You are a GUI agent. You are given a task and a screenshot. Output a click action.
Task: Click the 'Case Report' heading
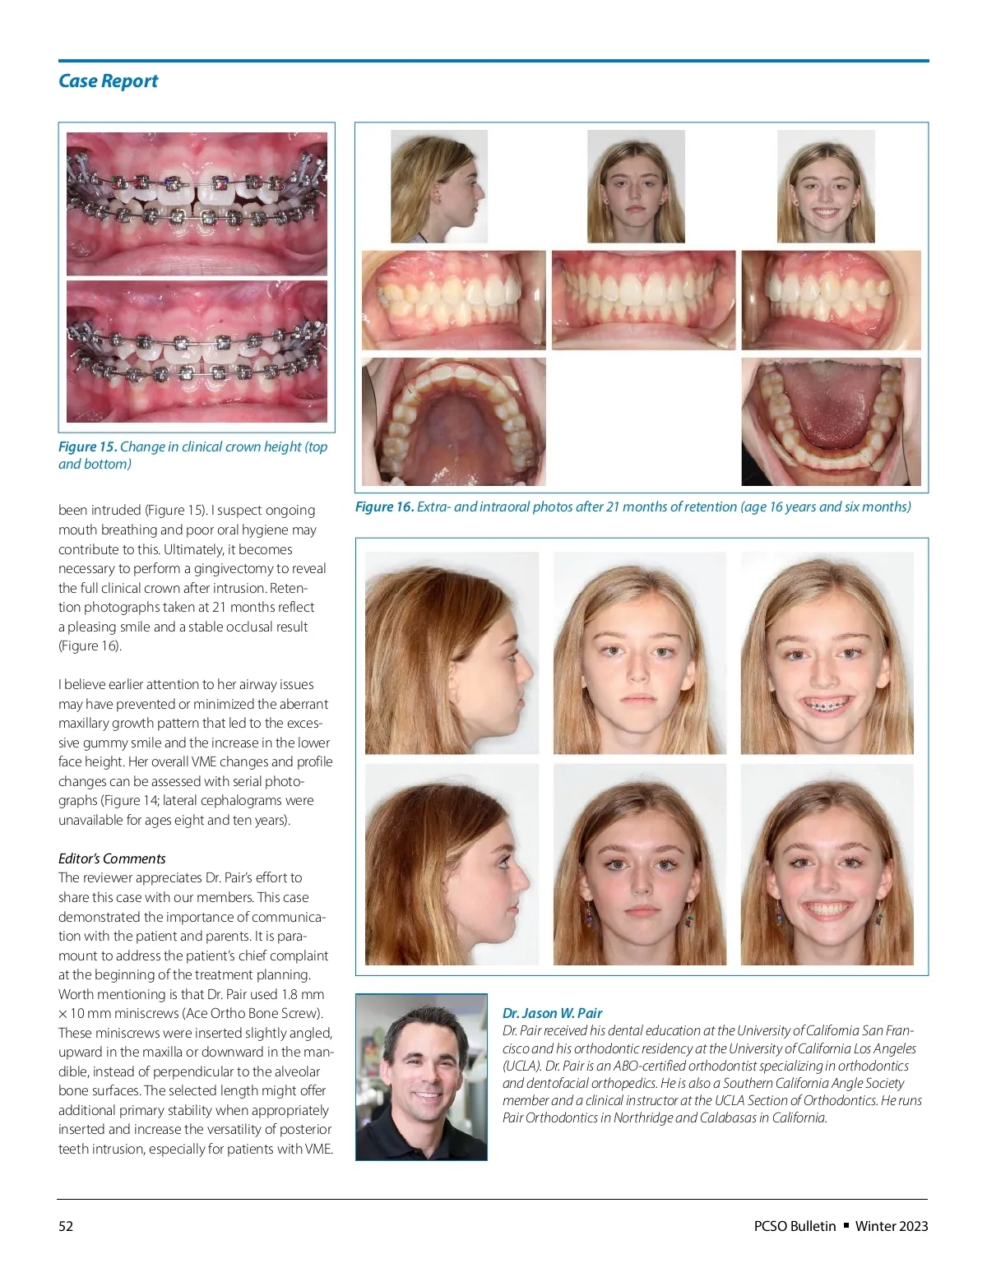(x=108, y=81)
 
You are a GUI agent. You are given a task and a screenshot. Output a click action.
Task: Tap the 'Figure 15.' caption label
(x=87, y=446)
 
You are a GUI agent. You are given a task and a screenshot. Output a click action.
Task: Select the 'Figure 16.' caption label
(x=384, y=507)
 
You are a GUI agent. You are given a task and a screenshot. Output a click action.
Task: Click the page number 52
(x=66, y=1226)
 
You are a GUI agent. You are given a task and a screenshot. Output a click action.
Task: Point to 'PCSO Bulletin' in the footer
(x=795, y=1226)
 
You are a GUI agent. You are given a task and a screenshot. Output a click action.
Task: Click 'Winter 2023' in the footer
(x=892, y=1226)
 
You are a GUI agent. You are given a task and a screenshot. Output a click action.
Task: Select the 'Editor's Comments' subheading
(x=112, y=858)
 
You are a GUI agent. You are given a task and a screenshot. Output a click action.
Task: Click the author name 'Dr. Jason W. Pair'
(x=552, y=1013)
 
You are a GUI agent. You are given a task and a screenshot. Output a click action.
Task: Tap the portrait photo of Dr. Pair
(x=421, y=1077)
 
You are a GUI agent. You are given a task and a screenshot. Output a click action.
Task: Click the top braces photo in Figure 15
(x=197, y=204)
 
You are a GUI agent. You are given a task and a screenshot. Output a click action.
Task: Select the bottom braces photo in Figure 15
(x=197, y=352)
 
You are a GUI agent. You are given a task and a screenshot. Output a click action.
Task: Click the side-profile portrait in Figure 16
(x=439, y=187)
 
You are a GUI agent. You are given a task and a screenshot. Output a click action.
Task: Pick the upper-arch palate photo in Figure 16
(x=453, y=421)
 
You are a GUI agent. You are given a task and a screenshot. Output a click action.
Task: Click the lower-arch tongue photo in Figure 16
(x=831, y=421)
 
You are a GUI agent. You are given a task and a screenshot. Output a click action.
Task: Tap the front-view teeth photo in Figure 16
(x=643, y=300)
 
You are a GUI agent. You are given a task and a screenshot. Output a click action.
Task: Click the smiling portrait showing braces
(x=827, y=653)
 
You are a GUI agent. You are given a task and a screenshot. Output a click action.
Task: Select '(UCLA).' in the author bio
(x=522, y=1066)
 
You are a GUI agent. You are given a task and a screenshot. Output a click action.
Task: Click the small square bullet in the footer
(x=846, y=1225)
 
